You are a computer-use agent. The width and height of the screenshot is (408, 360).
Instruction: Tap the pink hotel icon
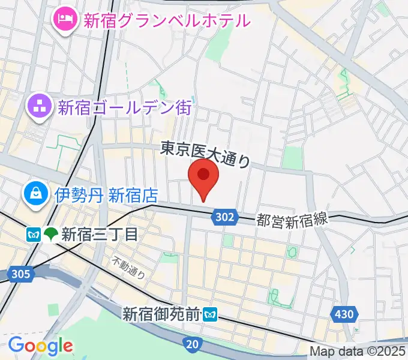64,20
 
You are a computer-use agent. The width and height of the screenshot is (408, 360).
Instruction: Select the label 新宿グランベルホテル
166,21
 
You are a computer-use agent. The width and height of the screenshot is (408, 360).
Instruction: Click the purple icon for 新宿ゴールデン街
40,107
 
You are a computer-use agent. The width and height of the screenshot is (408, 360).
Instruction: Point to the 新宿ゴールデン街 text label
124,108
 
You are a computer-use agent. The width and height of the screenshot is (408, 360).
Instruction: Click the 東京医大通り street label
205,153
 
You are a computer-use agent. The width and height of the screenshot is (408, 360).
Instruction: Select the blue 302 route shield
226,217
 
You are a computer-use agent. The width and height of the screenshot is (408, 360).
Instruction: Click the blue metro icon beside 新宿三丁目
34,233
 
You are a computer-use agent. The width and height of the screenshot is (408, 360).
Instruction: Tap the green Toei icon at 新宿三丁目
50,233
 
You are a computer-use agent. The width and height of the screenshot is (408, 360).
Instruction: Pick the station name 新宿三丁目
99,233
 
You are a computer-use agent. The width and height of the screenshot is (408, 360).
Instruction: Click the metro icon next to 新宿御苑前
209,313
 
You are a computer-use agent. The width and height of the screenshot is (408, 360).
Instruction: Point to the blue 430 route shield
344,313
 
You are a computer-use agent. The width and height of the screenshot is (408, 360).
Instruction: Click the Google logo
40,345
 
